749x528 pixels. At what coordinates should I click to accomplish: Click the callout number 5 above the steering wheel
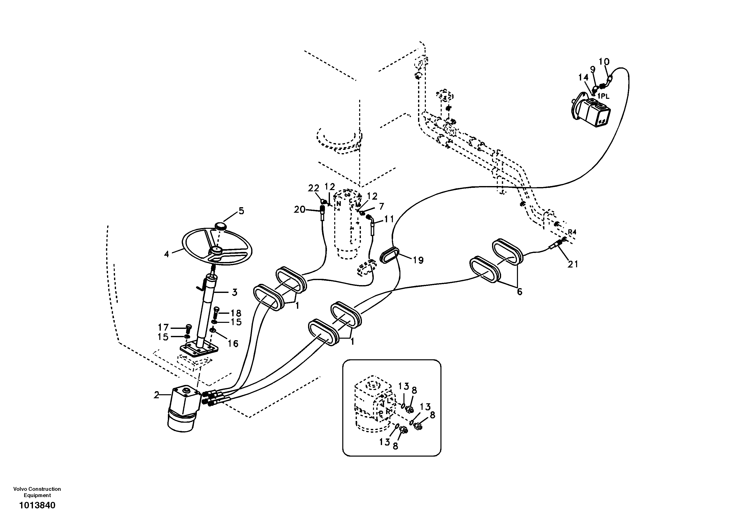pos(241,211)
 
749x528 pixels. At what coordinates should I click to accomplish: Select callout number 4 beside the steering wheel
pos(167,254)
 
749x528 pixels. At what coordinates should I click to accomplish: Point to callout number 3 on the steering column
pos(234,292)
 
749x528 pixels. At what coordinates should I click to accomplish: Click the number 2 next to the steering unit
pos(157,395)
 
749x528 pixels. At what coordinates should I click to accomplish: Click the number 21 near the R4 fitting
pos(573,264)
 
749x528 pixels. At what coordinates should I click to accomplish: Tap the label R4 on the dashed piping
pos(572,232)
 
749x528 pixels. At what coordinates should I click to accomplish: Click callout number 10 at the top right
pos(604,62)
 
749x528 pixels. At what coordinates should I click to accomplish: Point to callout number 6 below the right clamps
pos(519,292)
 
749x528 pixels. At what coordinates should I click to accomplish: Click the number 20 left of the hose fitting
pos(299,210)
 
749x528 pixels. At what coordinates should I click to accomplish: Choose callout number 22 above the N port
pos(314,188)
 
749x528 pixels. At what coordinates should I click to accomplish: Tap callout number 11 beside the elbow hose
pos(389,219)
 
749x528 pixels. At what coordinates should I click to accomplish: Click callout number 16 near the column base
pos(233,343)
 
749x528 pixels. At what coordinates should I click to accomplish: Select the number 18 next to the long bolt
pos(236,313)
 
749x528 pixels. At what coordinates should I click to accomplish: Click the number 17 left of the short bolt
pos(163,327)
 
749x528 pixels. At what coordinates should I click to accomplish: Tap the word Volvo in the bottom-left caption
pos(20,489)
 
